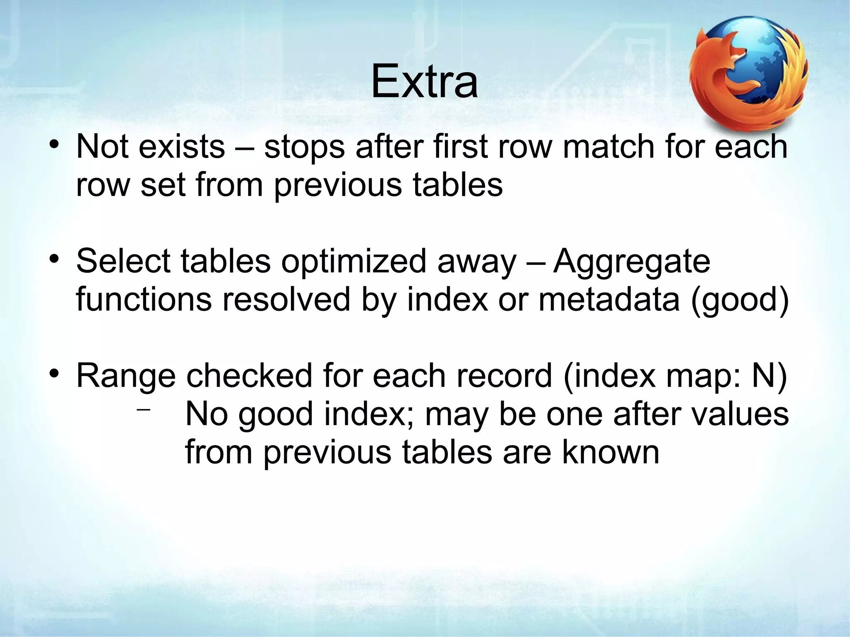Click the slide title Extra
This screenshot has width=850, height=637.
click(424, 83)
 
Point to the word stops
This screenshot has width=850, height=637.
click(304, 149)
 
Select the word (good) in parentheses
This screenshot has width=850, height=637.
click(739, 301)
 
